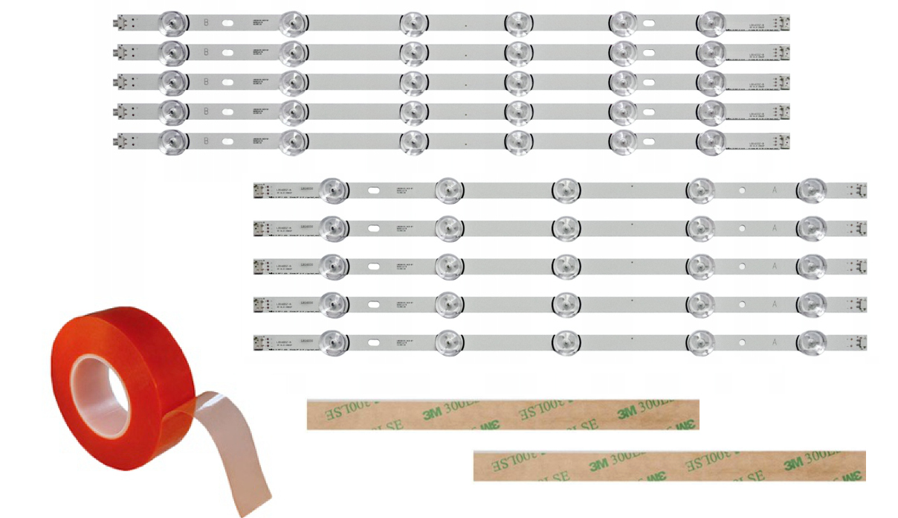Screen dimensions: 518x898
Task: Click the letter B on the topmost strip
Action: tap(206, 23)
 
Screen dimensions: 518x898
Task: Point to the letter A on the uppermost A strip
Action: tap(775, 191)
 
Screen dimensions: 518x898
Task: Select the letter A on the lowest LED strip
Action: tap(775, 342)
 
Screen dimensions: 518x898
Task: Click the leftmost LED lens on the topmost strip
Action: tap(172, 22)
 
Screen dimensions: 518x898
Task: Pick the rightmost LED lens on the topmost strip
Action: tap(711, 22)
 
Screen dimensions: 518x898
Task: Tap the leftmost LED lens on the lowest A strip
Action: tap(332, 341)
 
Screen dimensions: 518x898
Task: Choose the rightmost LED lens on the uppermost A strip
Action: tap(811, 190)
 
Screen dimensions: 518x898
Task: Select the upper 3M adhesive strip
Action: tap(503, 415)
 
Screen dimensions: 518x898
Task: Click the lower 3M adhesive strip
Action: tap(669, 465)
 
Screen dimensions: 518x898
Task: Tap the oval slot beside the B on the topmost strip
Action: tap(228, 23)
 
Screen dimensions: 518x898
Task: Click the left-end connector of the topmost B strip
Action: tap(118, 23)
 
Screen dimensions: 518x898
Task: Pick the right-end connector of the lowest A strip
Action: tap(860, 342)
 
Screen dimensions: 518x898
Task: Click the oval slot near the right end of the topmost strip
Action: tap(649, 23)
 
